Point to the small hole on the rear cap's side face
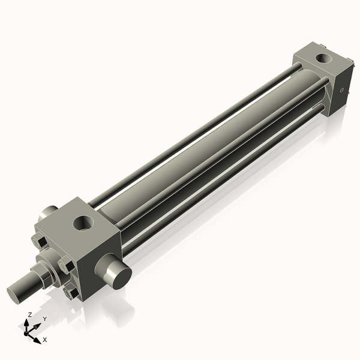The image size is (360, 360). [x=342, y=91]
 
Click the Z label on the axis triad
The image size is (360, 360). [x=30, y=314]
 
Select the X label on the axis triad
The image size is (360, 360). [x=45, y=340]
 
